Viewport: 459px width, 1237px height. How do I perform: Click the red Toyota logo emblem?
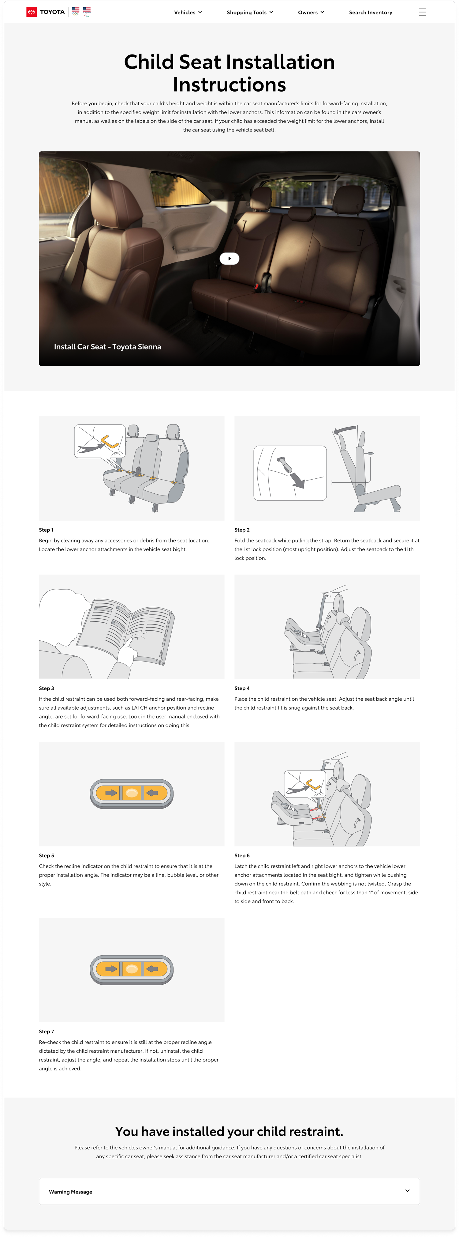[x=31, y=12]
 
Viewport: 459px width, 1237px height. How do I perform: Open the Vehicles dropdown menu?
[x=188, y=13]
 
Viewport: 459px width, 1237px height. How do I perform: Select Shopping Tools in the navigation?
[x=249, y=13]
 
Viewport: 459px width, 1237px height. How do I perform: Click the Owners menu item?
[x=310, y=13]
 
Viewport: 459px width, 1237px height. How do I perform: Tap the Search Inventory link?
[x=370, y=13]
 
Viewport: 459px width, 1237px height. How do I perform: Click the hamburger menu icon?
[x=422, y=12]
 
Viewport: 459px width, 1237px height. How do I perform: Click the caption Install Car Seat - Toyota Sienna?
[x=107, y=347]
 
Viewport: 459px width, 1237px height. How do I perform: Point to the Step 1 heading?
[x=46, y=530]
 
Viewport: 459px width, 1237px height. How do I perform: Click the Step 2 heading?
[x=242, y=530]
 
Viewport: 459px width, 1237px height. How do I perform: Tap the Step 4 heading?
[x=242, y=688]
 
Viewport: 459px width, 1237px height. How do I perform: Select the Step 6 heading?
[x=242, y=855]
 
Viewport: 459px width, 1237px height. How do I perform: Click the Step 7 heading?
[x=46, y=1031]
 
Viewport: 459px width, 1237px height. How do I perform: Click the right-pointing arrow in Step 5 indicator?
[x=111, y=793]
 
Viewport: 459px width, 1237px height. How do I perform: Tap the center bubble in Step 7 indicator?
[x=131, y=969]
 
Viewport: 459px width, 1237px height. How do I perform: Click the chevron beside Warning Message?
[x=407, y=1190]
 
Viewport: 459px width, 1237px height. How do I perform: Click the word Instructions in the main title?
[x=229, y=85]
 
